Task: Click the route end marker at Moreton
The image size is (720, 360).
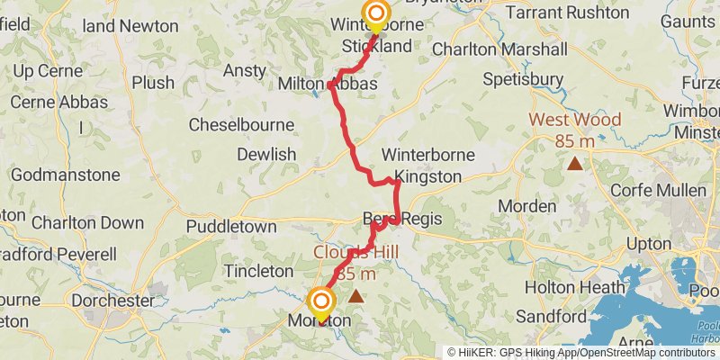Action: (x=322, y=301)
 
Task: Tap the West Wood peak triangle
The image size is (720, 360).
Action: (x=574, y=163)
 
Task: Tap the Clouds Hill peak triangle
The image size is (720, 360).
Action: (x=356, y=295)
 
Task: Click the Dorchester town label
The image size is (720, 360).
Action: (x=112, y=300)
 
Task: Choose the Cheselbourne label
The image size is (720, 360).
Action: (x=241, y=123)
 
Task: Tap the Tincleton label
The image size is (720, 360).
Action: (x=259, y=270)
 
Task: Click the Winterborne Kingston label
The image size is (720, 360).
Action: (x=421, y=166)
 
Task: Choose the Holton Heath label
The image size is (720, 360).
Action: (x=562, y=288)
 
